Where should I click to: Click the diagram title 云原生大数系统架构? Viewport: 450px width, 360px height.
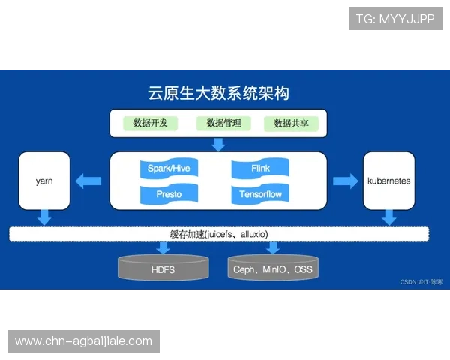pos(218,94)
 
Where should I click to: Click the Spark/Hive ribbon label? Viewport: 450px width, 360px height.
pos(170,169)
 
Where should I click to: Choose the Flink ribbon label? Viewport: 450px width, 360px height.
pos(261,169)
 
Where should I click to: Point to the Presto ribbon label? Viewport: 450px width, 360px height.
pos(169,195)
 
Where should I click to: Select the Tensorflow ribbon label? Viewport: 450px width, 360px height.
pos(261,195)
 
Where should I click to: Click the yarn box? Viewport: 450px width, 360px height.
pos(44,181)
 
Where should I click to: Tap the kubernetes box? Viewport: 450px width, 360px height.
pos(388,181)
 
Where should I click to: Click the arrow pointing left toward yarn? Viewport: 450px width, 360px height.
pos(89,181)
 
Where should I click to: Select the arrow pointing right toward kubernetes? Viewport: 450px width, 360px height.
pos(345,181)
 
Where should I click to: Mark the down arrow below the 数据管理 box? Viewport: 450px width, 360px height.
pos(218,144)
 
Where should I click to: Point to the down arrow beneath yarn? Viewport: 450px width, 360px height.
pos(44,217)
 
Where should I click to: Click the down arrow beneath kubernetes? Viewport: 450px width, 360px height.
pos(388,217)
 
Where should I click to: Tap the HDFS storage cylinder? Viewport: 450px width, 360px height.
pos(163,268)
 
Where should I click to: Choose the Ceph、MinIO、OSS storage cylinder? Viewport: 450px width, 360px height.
pos(271,268)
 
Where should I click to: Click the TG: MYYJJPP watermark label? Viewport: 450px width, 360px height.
pos(395,19)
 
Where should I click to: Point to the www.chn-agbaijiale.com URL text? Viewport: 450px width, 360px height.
pos(83,341)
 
